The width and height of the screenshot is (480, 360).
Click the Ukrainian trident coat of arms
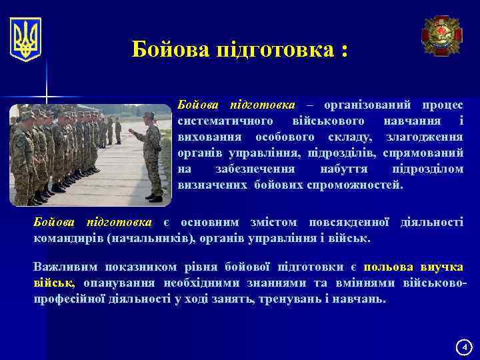click(26, 39)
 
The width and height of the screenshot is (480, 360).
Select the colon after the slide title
click(343, 49)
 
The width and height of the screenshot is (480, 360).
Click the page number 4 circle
click(464, 347)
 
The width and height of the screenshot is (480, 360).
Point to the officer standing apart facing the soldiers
click(151, 157)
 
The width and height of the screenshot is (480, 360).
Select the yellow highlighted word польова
click(389, 267)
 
